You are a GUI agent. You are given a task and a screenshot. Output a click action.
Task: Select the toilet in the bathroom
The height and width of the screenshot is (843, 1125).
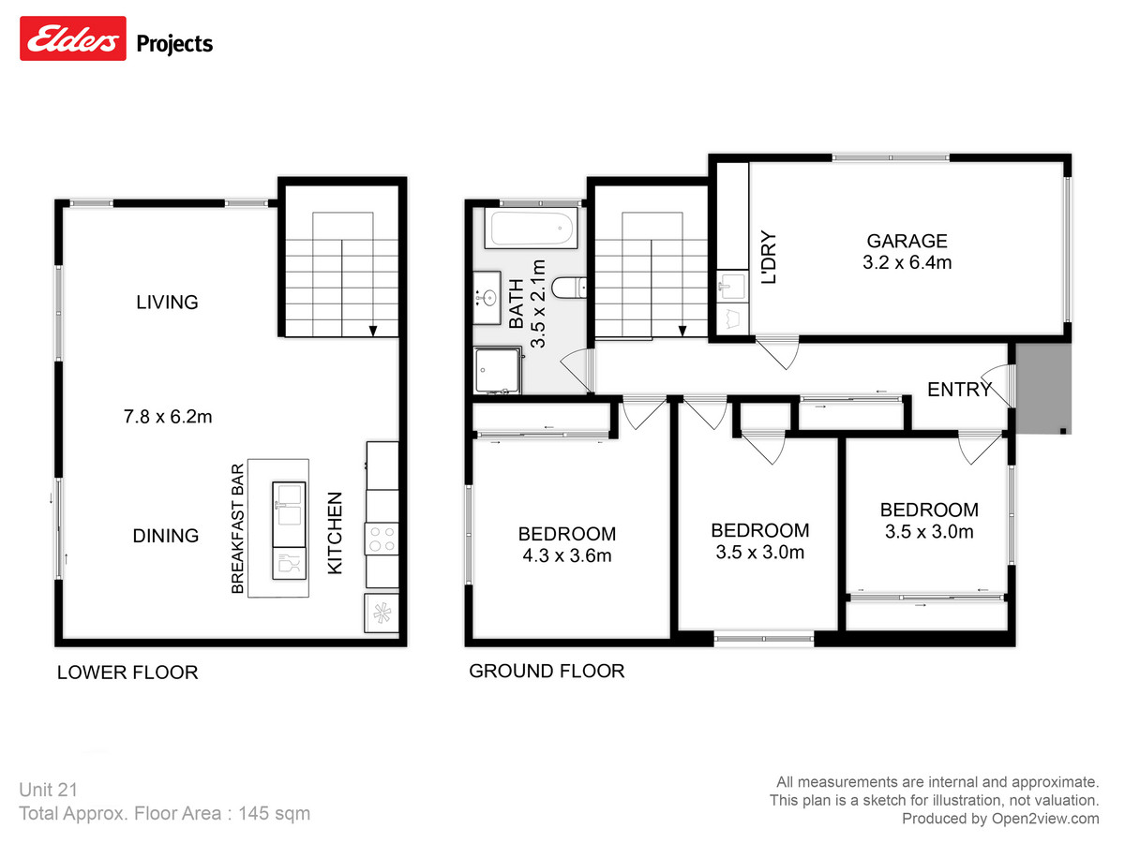pyautogui.click(x=569, y=288)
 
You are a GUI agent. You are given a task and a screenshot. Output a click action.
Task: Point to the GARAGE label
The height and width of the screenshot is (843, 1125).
pyautogui.click(x=907, y=241)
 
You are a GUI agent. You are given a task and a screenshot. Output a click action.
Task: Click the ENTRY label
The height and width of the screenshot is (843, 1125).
pyautogui.click(x=959, y=390)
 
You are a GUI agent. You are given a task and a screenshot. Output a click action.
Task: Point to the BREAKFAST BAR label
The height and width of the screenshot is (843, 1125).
pyautogui.click(x=238, y=529)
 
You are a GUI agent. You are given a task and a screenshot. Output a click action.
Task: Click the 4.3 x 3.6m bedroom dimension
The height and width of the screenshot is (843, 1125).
pyautogui.click(x=566, y=555)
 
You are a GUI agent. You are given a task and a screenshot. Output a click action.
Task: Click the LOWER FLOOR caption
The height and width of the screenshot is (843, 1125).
pyautogui.click(x=127, y=673)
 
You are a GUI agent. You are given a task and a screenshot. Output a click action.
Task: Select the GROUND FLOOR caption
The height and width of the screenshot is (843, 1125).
pyautogui.click(x=547, y=671)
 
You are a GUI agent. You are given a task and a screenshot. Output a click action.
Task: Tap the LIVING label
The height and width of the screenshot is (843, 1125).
pyautogui.click(x=167, y=302)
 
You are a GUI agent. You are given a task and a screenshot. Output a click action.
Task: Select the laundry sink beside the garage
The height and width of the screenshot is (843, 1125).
pyautogui.click(x=731, y=283)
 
